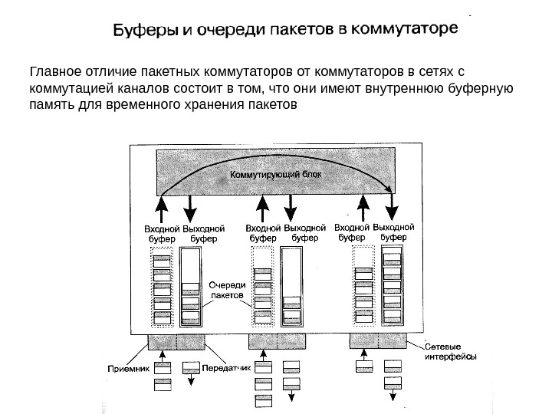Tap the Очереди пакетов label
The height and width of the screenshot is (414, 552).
(226, 289)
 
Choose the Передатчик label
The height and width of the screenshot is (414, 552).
(228, 368)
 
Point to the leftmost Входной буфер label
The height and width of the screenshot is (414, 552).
(162, 233)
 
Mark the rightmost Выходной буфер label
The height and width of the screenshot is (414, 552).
(399, 232)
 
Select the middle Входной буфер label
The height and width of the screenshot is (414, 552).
(262, 233)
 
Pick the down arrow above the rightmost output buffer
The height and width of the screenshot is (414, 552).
(393, 206)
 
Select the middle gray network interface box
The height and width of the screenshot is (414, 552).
(277, 340)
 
